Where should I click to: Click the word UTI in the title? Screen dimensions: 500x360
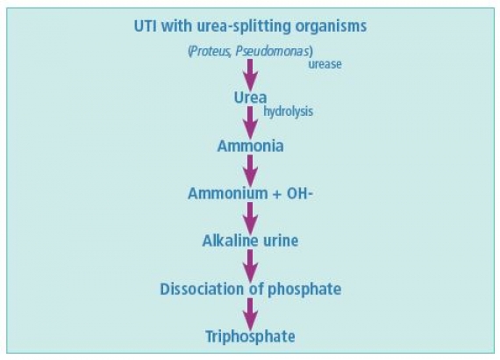click(x=146, y=25)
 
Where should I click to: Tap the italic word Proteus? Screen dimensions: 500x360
click(x=210, y=51)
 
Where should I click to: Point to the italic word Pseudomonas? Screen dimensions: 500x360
click(x=272, y=51)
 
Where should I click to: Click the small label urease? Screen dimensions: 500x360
click(x=325, y=64)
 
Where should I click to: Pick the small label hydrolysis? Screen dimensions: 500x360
click(x=288, y=112)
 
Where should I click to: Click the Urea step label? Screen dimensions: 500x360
click(x=250, y=97)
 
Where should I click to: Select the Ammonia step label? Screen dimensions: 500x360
click(x=250, y=146)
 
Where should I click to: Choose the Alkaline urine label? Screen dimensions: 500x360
click(x=250, y=241)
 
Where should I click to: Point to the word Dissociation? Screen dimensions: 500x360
click(x=202, y=289)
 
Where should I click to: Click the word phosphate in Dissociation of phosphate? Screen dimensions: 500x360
click(x=304, y=290)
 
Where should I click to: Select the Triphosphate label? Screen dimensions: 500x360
click(x=250, y=336)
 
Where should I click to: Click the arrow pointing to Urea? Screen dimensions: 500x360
click(x=250, y=76)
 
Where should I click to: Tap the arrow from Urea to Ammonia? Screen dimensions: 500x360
click(x=250, y=123)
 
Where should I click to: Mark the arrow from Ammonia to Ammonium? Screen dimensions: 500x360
click(x=250, y=171)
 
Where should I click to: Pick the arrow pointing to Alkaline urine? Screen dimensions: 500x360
click(x=250, y=219)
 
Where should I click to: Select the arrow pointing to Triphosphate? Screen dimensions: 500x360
click(x=250, y=314)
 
